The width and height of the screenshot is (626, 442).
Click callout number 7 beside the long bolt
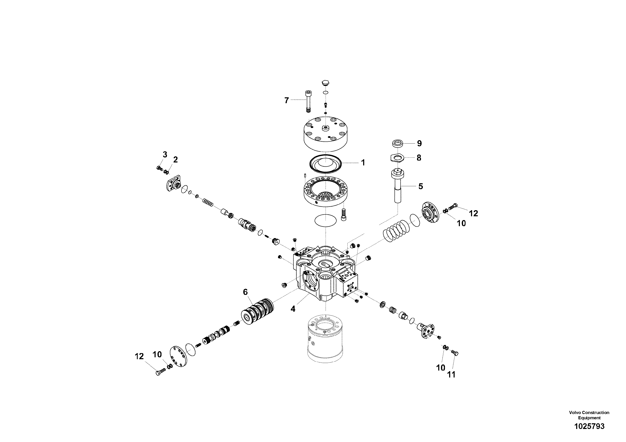(x=286, y=100)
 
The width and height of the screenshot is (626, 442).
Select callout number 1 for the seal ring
(x=363, y=163)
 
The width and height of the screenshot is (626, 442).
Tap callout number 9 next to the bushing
(x=419, y=143)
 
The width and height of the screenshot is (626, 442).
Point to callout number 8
(x=419, y=158)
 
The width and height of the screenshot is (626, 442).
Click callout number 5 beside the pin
(x=420, y=186)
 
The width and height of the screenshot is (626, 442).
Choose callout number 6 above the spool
(x=245, y=292)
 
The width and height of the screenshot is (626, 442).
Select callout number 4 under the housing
(x=293, y=309)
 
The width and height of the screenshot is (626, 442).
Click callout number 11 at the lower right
(x=451, y=375)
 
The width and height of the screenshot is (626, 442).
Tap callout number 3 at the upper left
(x=165, y=154)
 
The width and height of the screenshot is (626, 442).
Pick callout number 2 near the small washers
(x=175, y=160)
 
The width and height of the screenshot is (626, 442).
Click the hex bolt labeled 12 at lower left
(x=159, y=372)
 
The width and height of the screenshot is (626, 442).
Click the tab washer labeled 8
(x=396, y=158)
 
